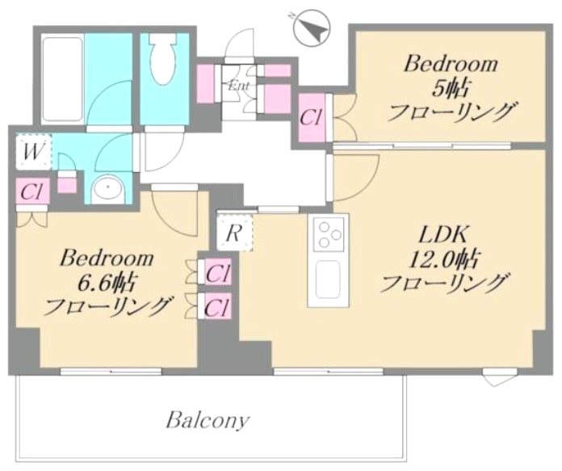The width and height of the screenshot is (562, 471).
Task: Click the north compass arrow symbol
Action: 312,31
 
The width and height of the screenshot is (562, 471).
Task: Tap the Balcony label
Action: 208,420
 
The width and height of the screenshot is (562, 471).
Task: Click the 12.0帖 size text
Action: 443,259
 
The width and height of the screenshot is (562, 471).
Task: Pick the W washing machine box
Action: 33,151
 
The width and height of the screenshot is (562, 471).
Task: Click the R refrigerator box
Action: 235,234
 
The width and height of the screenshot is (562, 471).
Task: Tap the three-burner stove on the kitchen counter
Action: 328,233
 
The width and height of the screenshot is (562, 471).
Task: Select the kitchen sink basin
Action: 328,280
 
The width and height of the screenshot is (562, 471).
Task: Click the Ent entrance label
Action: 240,85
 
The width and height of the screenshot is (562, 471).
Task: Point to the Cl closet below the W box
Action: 32,192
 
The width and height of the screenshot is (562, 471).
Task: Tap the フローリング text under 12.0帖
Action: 446,284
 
